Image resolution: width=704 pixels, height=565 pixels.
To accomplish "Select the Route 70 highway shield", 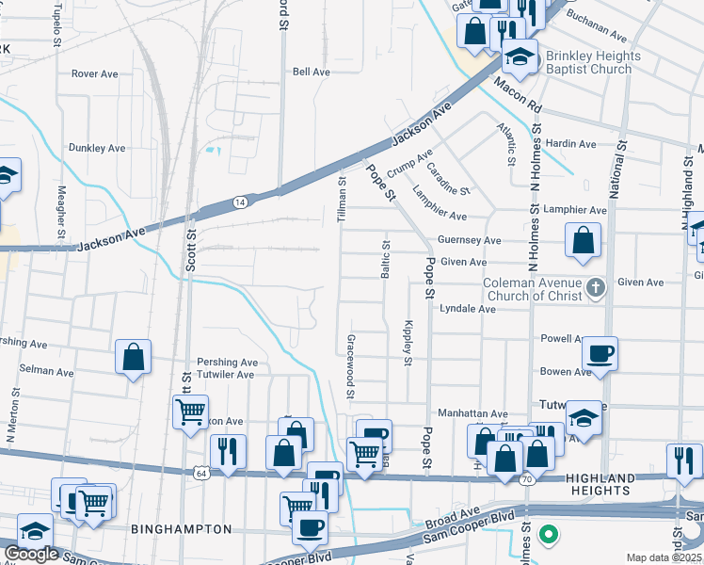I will point(529,479).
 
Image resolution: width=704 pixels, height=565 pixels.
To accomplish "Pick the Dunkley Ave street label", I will point(96,148).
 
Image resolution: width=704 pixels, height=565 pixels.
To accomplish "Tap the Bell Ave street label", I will point(311,72).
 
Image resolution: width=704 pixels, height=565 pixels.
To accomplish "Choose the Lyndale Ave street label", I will point(467,308).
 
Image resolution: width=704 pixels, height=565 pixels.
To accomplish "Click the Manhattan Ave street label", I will point(472,413).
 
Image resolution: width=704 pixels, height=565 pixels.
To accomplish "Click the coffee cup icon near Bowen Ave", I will point(600,354).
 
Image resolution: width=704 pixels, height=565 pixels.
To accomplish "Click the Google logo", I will point(31,554).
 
